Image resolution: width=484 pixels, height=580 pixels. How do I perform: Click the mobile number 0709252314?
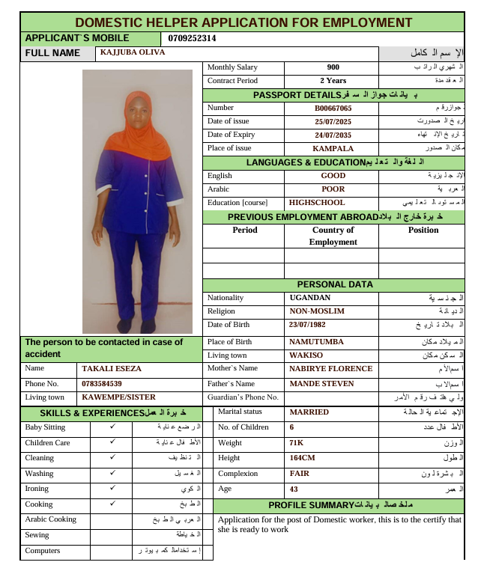[x=193, y=38]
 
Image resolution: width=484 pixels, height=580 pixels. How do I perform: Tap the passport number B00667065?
[x=333, y=108]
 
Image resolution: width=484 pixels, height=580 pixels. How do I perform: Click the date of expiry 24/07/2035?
[x=333, y=135]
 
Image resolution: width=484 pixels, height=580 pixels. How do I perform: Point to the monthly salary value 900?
[x=333, y=67]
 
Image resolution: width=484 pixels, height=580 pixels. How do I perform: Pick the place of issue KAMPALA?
[x=333, y=148]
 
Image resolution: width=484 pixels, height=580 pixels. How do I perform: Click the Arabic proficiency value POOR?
[x=333, y=189]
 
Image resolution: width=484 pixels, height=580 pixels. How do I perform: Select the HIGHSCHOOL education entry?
[x=317, y=203]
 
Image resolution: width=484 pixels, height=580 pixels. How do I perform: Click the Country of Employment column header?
[x=333, y=236]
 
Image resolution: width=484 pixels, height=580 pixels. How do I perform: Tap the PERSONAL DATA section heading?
[x=334, y=284]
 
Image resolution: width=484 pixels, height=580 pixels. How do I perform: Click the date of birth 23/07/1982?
[x=312, y=325]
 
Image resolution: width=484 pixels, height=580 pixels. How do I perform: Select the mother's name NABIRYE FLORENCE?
[x=330, y=368]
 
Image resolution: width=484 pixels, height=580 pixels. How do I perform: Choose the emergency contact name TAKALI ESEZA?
[x=112, y=368]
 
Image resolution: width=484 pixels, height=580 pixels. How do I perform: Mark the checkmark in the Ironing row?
[x=112, y=488]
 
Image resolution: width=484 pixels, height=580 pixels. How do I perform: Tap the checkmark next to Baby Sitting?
[x=112, y=427]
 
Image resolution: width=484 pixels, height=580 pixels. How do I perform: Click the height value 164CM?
[x=302, y=458]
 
